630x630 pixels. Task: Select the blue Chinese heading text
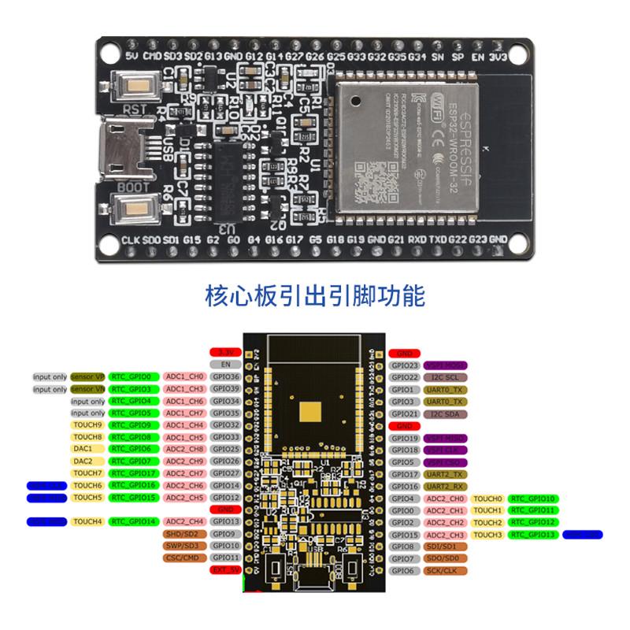(315, 296)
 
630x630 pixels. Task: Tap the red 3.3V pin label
(225, 353)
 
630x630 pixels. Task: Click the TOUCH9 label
(87, 425)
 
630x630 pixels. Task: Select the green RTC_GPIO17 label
(134, 473)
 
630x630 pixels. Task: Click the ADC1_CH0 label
(185, 377)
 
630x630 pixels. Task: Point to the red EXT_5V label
(225, 569)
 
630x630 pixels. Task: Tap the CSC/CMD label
(182, 558)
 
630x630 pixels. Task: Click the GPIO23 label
(404, 366)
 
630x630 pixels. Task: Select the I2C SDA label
(446, 413)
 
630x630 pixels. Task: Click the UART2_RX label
(446, 486)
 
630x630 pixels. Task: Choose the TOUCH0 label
(487, 498)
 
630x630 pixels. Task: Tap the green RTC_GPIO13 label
(533, 535)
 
